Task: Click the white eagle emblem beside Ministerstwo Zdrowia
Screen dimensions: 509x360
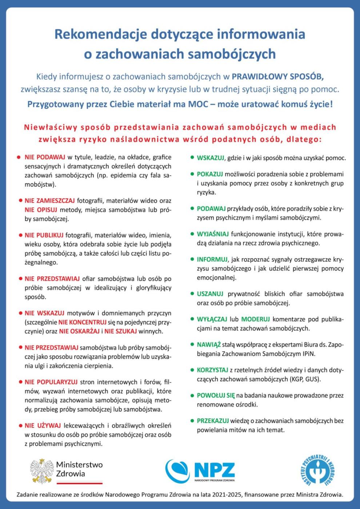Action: [x=42, y=471]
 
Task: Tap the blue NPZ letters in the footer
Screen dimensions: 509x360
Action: [x=214, y=470]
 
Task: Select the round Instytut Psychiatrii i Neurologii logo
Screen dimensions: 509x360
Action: [x=317, y=471]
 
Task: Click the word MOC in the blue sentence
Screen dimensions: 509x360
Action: [x=198, y=104]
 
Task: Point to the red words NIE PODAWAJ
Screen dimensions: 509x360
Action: [x=45, y=157]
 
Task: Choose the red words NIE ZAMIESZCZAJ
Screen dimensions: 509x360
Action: [x=49, y=201]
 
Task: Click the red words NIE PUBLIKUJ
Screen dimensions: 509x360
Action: [x=44, y=235]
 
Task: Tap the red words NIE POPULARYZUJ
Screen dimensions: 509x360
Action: [x=51, y=382]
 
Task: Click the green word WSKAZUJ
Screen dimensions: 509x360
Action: [x=210, y=158]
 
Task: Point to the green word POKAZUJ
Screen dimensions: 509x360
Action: [x=209, y=174]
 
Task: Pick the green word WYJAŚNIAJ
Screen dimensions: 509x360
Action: [x=213, y=234]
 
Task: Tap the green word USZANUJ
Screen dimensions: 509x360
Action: [x=210, y=294]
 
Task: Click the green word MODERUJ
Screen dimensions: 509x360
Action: [x=255, y=319]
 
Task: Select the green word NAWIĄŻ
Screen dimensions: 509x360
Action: [x=209, y=345]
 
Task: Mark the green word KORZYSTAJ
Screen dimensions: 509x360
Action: [x=212, y=370]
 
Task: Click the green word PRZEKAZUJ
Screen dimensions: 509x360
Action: [x=213, y=421]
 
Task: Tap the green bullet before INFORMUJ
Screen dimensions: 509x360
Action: [x=192, y=259]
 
